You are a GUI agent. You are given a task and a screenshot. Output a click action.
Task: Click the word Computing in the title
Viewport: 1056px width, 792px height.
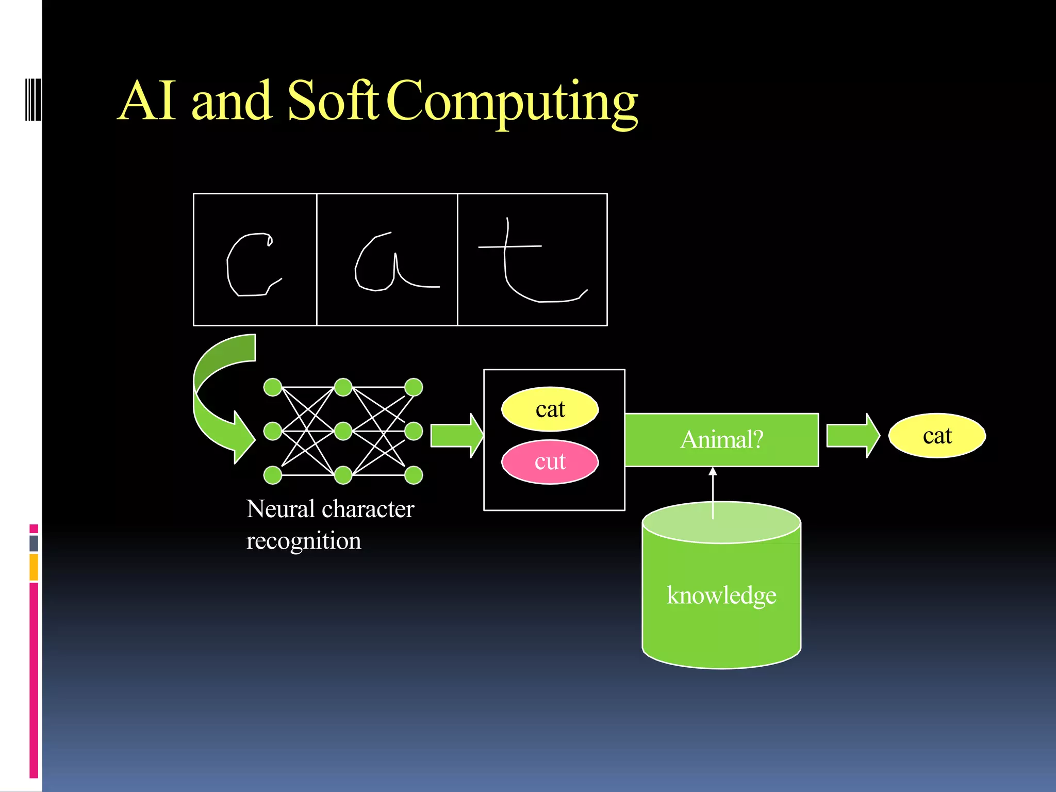point(512,102)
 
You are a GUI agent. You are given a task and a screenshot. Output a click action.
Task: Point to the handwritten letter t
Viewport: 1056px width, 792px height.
point(526,263)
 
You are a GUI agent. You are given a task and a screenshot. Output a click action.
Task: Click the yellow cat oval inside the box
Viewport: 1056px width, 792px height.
point(550,409)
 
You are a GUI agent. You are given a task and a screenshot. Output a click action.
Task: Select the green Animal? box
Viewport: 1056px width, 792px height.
point(721,440)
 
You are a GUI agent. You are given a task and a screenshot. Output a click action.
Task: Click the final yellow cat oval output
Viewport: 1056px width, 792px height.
point(937,436)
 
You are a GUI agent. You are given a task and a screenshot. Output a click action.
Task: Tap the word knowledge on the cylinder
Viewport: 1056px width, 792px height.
point(721,596)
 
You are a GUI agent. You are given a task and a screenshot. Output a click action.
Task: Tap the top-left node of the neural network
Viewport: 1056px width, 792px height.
point(272,387)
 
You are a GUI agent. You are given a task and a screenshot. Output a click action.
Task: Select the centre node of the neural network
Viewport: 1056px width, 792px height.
point(343,431)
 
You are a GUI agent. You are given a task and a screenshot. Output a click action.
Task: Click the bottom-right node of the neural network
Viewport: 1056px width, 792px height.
point(414,475)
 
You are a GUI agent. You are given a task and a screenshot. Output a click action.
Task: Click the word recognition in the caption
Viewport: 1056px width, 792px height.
point(304,541)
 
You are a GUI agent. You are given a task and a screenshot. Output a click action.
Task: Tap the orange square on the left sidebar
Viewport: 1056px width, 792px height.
point(34,567)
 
